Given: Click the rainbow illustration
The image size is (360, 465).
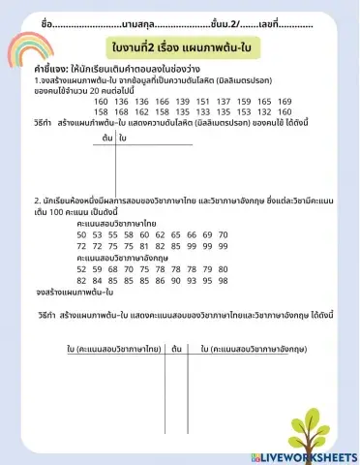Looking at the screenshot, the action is click(x=27, y=49).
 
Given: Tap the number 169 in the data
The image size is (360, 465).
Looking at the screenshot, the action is click(x=285, y=102).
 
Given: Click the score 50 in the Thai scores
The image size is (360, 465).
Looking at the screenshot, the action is click(x=83, y=234).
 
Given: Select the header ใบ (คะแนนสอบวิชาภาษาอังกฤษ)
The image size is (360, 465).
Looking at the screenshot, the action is click(x=253, y=347).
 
